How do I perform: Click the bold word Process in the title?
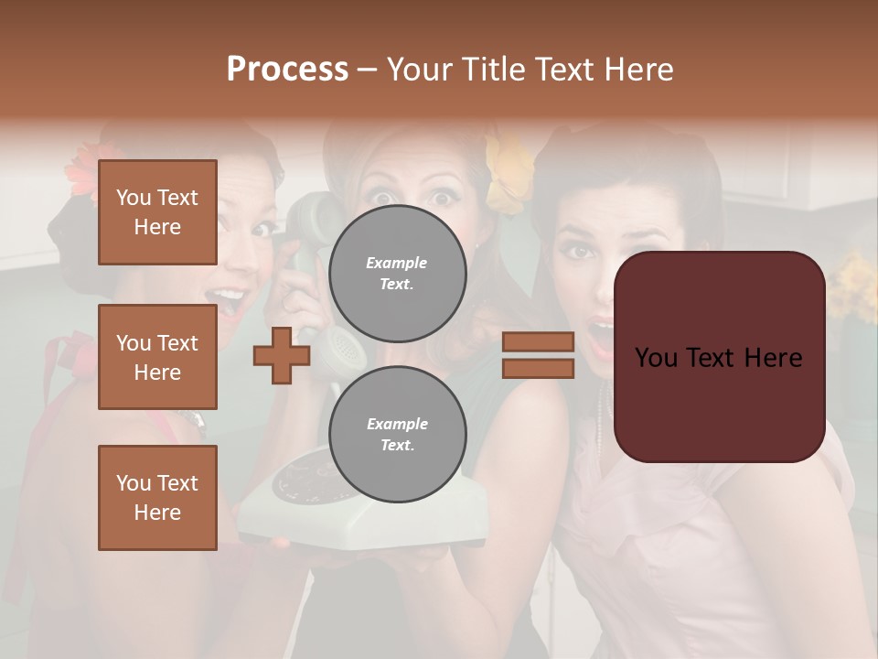[287, 70]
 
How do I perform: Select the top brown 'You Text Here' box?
[157, 212]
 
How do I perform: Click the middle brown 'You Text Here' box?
[157, 357]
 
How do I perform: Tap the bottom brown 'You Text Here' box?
[157, 498]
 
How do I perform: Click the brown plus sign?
[282, 355]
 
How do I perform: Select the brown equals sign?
[538, 355]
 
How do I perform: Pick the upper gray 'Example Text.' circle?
[397, 273]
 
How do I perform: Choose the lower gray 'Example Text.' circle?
[397, 434]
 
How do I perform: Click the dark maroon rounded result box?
[719, 357]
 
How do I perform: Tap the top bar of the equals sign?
[538, 342]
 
